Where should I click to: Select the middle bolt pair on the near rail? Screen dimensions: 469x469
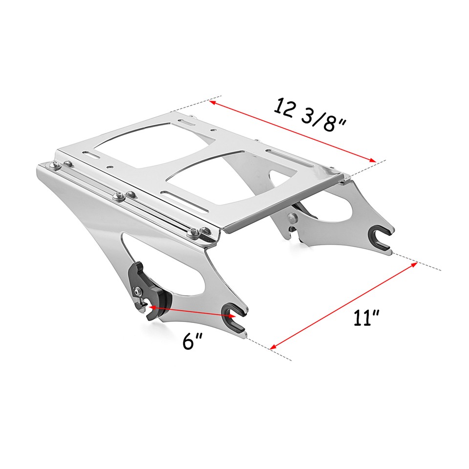[124, 196]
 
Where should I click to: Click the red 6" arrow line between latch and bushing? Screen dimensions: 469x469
[191, 312]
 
